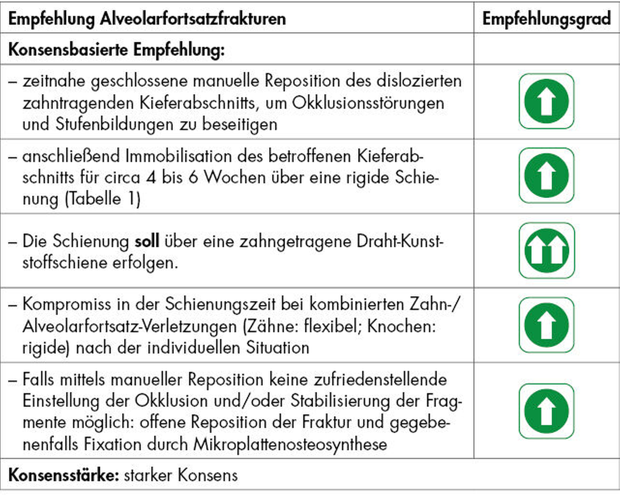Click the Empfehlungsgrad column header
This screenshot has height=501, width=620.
[x=547, y=19]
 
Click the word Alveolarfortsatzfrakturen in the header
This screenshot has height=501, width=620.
[x=193, y=19]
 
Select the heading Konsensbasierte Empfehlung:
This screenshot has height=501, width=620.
[x=116, y=50]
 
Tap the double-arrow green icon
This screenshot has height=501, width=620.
[x=547, y=251]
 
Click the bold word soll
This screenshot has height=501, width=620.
[x=147, y=242]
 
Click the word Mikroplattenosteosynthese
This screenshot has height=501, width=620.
[x=290, y=444]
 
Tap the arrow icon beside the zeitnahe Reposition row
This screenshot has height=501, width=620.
[x=547, y=102]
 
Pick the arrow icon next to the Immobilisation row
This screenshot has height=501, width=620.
[x=547, y=176]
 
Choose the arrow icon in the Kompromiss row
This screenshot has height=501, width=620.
[x=547, y=325]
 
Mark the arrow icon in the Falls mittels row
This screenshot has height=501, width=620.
[x=547, y=411]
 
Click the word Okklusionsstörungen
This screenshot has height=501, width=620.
[x=368, y=103]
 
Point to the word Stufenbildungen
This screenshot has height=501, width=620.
[x=115, y=124]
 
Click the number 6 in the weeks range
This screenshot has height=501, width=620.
[x=193, y=178]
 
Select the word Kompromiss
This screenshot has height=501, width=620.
[x=67, y=305]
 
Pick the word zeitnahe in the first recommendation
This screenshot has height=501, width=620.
[x=54, y=81]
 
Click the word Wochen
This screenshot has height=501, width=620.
[x=235, y=178]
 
